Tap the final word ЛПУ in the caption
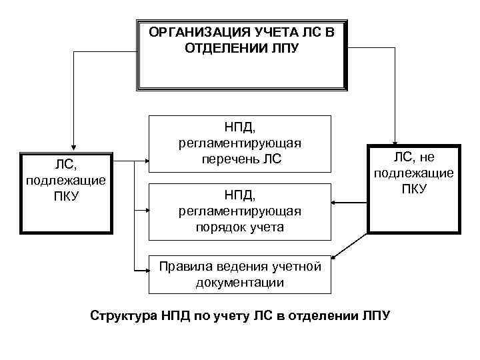pyautogui.click(x=376, y=315)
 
